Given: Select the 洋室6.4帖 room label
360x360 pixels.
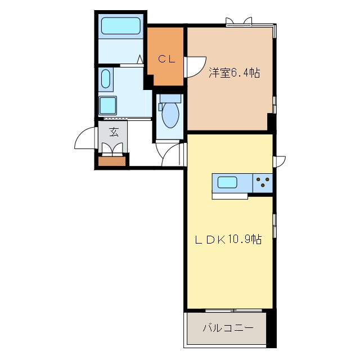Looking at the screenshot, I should (x=234, y=73).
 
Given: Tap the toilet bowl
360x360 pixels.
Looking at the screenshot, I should (x=170, y=114).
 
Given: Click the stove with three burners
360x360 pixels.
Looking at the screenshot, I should (x=263, y=183).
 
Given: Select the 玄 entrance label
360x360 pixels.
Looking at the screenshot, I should (x=113, y=133).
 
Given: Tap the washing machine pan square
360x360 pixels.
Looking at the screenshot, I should (x=107, y=105).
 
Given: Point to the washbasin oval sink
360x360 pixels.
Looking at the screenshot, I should (x=106, y=80).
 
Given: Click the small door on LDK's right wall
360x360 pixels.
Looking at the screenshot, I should (x=279, y=161).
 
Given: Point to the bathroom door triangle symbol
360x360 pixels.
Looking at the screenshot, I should (x=139, y=58).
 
